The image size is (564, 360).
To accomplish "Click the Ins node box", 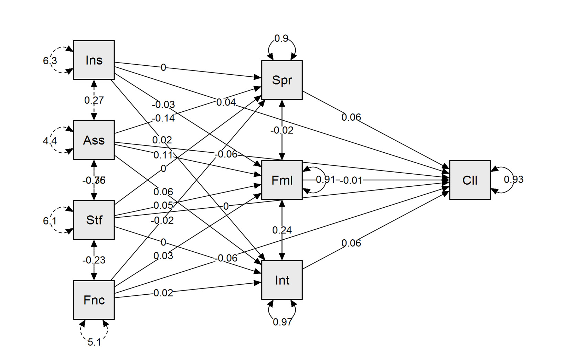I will (x=94, y=60).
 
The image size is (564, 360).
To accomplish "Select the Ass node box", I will (x=94, y=140).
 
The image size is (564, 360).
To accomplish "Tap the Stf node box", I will (x=94, y=220).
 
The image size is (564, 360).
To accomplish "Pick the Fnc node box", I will (x=94, y=300).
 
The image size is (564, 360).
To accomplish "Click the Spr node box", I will (x=282, y=80).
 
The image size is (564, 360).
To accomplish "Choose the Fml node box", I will (x=282, y=180).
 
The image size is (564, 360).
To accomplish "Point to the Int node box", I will (x=282, y=280).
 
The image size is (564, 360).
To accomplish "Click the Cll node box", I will (x=470, y=180).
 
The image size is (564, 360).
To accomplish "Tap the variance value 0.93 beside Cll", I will (x=513, y=179).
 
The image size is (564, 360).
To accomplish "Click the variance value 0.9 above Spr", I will (x=281, y=39).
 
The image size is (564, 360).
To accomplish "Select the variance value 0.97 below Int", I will (x=282, y=322).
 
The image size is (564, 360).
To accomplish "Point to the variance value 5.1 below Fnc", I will (x=94, y=342).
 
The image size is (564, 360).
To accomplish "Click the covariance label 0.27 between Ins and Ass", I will (x=94, y=100).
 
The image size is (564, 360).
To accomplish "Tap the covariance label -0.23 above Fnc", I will (x=94, y=260).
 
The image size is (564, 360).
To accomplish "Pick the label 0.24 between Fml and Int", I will (x=282, y=230).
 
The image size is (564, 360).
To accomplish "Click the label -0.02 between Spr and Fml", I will (x=282, y=131).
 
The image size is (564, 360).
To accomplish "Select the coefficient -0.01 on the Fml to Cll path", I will (x=351, y=181).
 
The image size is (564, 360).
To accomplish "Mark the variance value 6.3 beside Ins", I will (x=50, y=61).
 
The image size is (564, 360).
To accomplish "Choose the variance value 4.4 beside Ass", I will (x=50, y=141).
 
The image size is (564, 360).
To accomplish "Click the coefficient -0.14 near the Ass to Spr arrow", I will (x=163, y=119).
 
